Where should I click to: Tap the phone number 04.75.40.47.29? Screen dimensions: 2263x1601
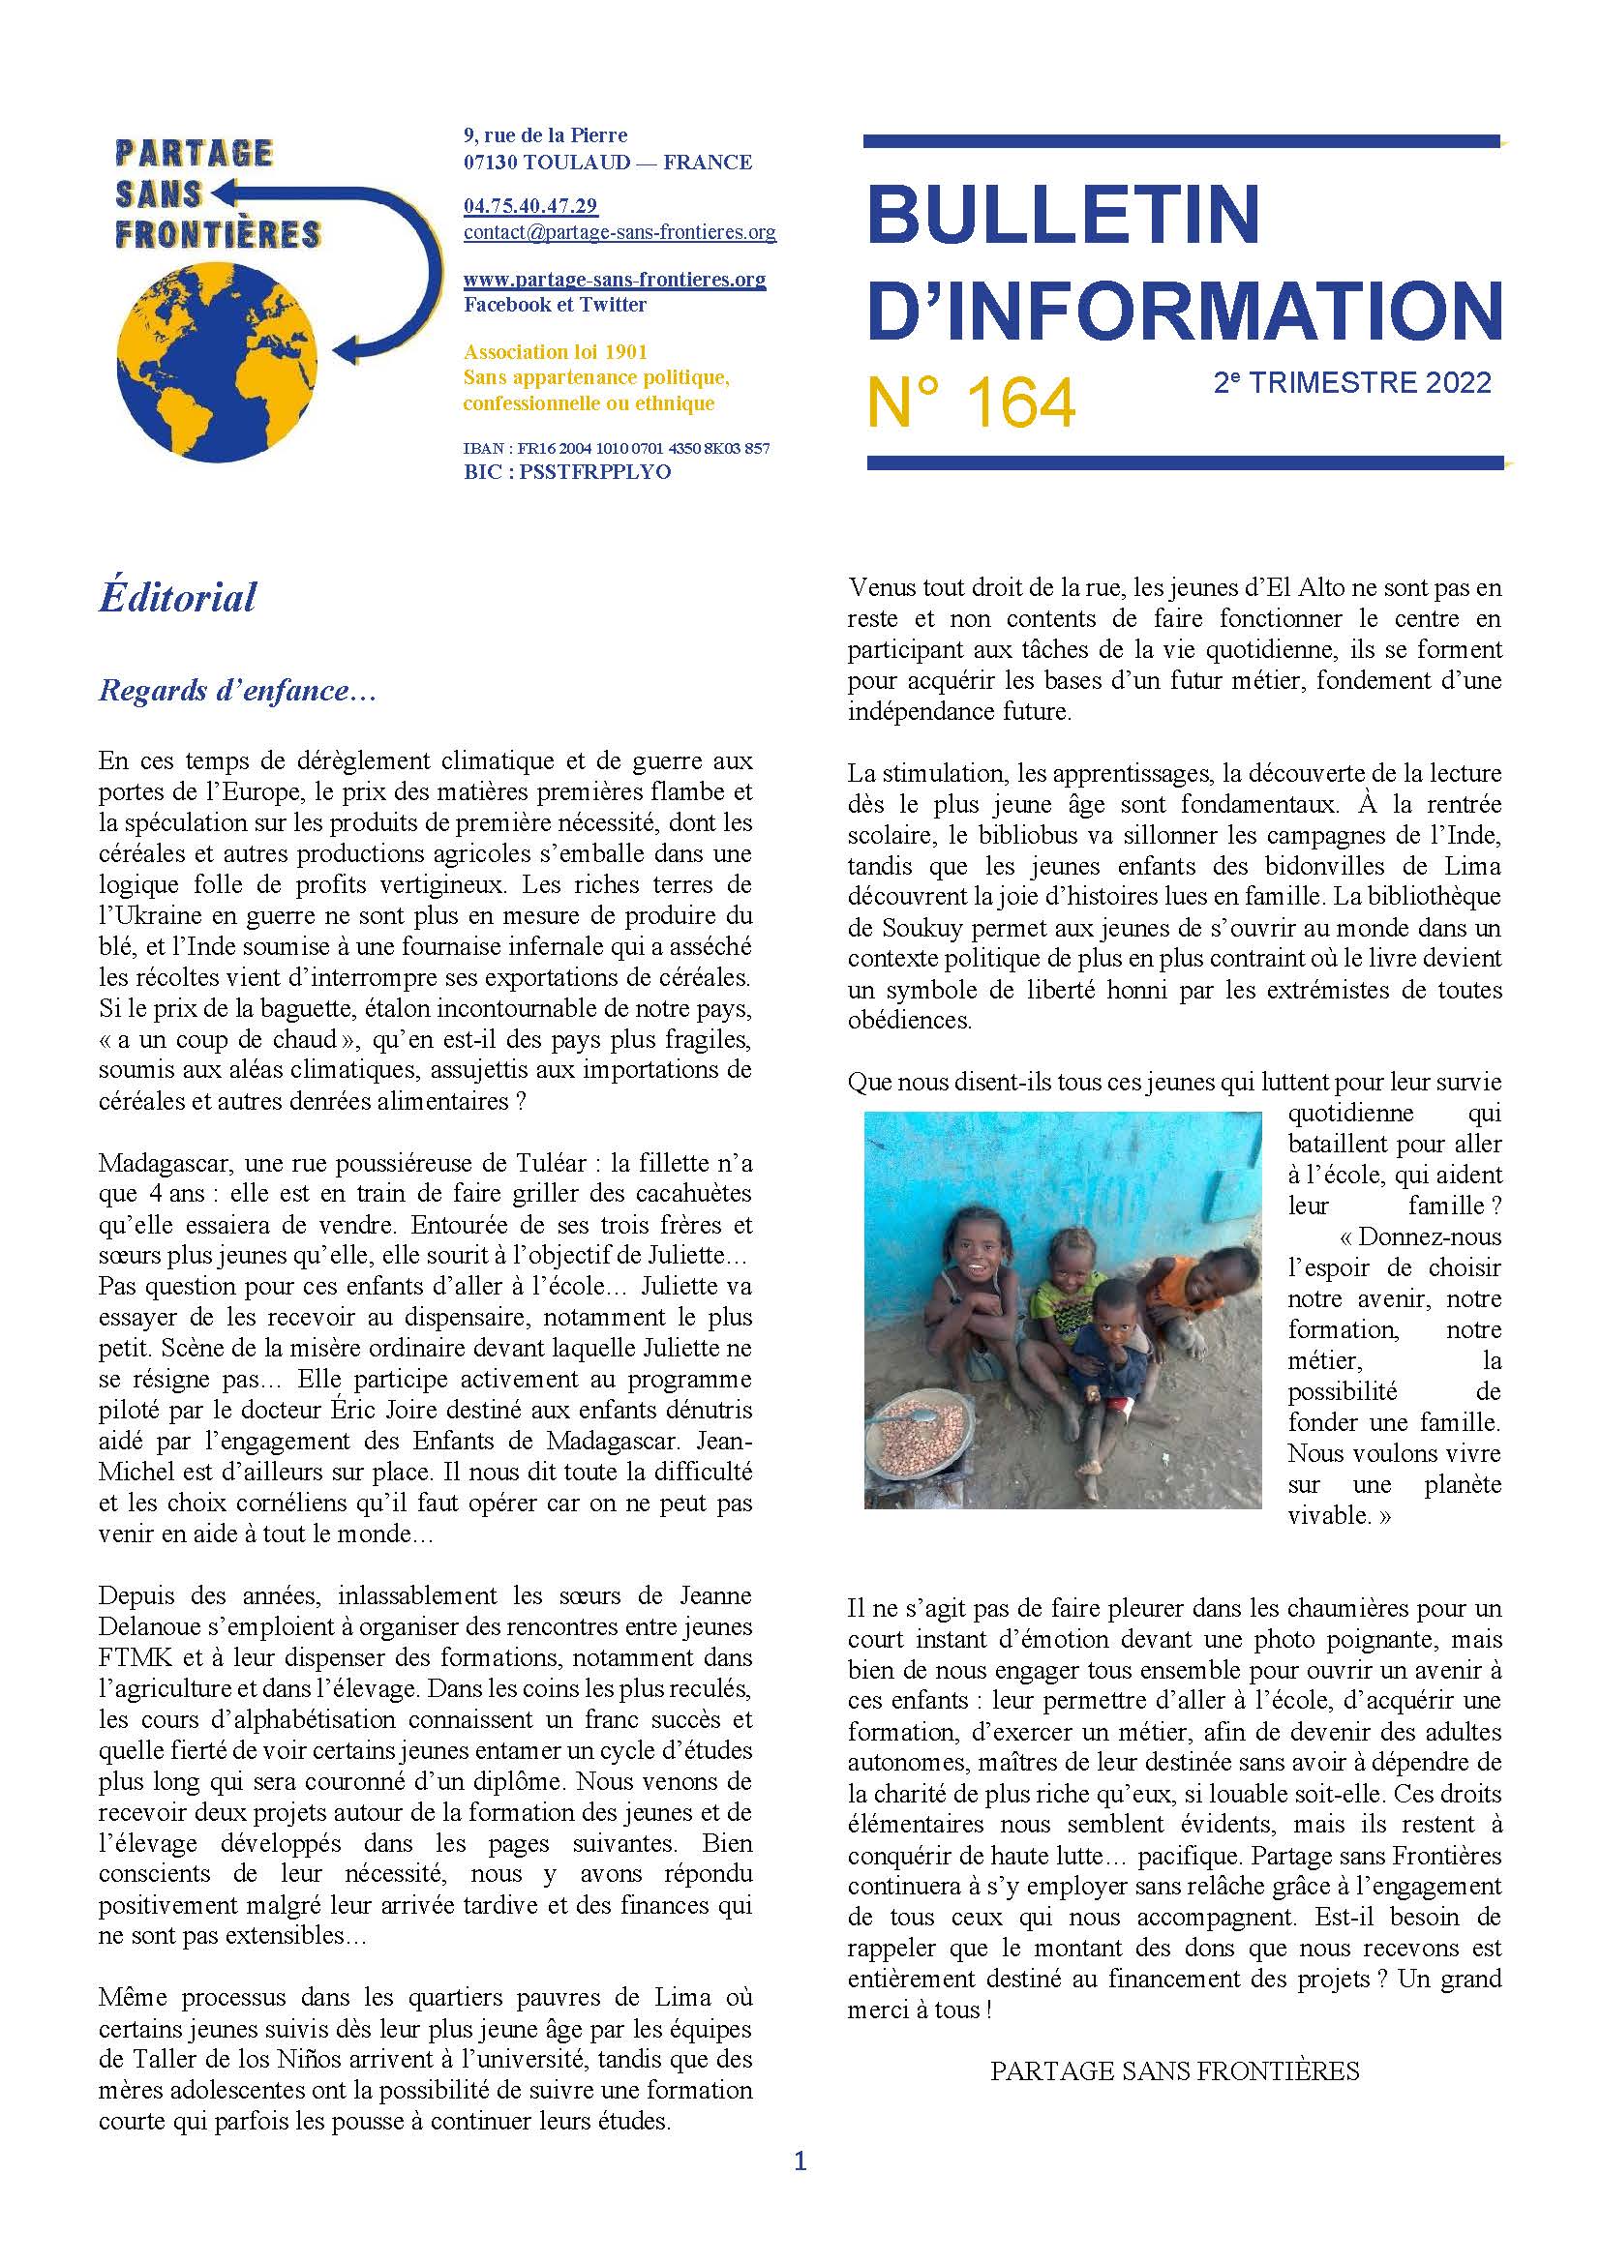(530, 206)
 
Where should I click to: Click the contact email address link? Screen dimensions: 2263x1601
(619, 233)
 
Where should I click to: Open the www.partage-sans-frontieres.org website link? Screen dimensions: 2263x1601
(615, 279)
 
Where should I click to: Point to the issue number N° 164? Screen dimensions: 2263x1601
(971, 404)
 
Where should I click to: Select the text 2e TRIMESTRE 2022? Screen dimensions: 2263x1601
(1352, 382)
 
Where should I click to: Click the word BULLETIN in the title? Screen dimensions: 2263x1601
(1064, 213)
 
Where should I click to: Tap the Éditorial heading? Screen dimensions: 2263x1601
(177, 597)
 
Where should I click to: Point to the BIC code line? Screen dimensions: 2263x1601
(567, 472)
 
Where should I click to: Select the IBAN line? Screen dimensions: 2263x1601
(617, 449)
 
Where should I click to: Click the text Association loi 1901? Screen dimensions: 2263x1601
(555, 352)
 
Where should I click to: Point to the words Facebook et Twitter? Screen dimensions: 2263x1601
(555, 305)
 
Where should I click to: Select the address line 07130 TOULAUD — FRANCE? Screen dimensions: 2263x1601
(607, 162)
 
